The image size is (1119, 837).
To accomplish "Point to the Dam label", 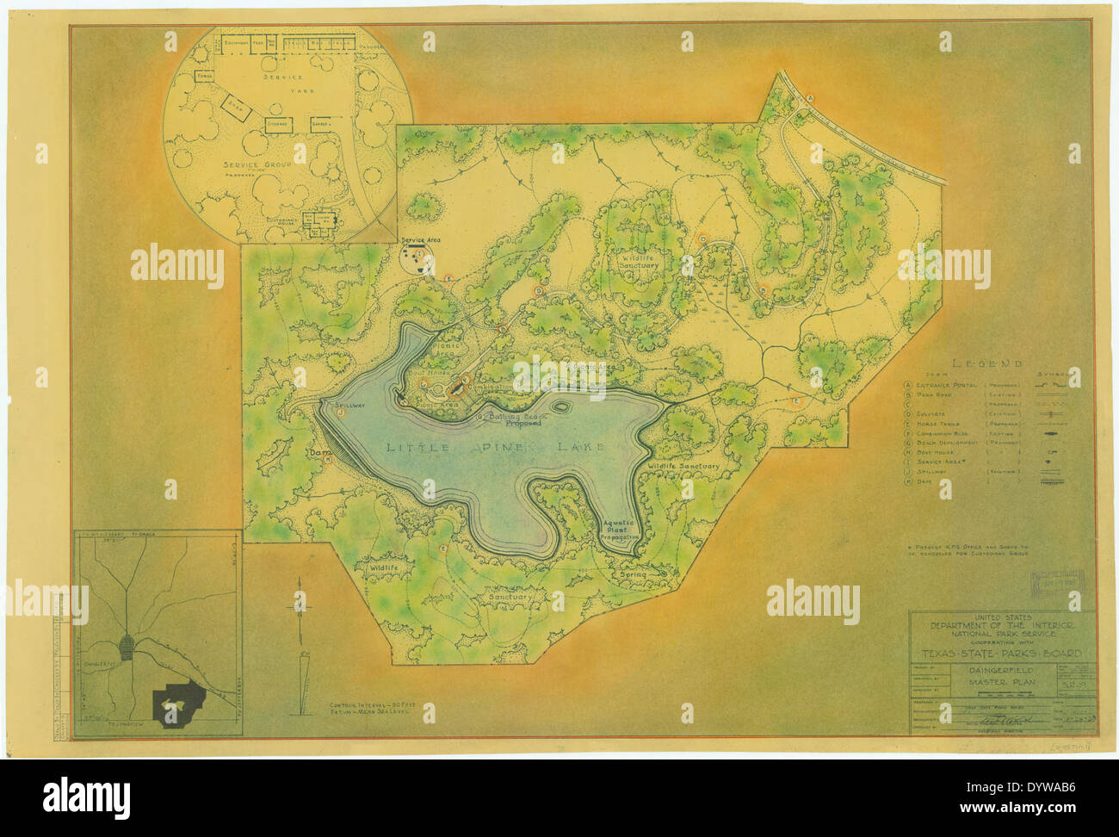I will [320, 450].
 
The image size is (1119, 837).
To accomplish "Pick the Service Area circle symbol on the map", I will [417, 257].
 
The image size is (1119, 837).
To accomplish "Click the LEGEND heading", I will [988, 363].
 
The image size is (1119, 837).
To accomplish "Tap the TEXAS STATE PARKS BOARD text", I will [996, 654].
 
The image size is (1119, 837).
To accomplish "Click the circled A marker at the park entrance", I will [810, 98].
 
